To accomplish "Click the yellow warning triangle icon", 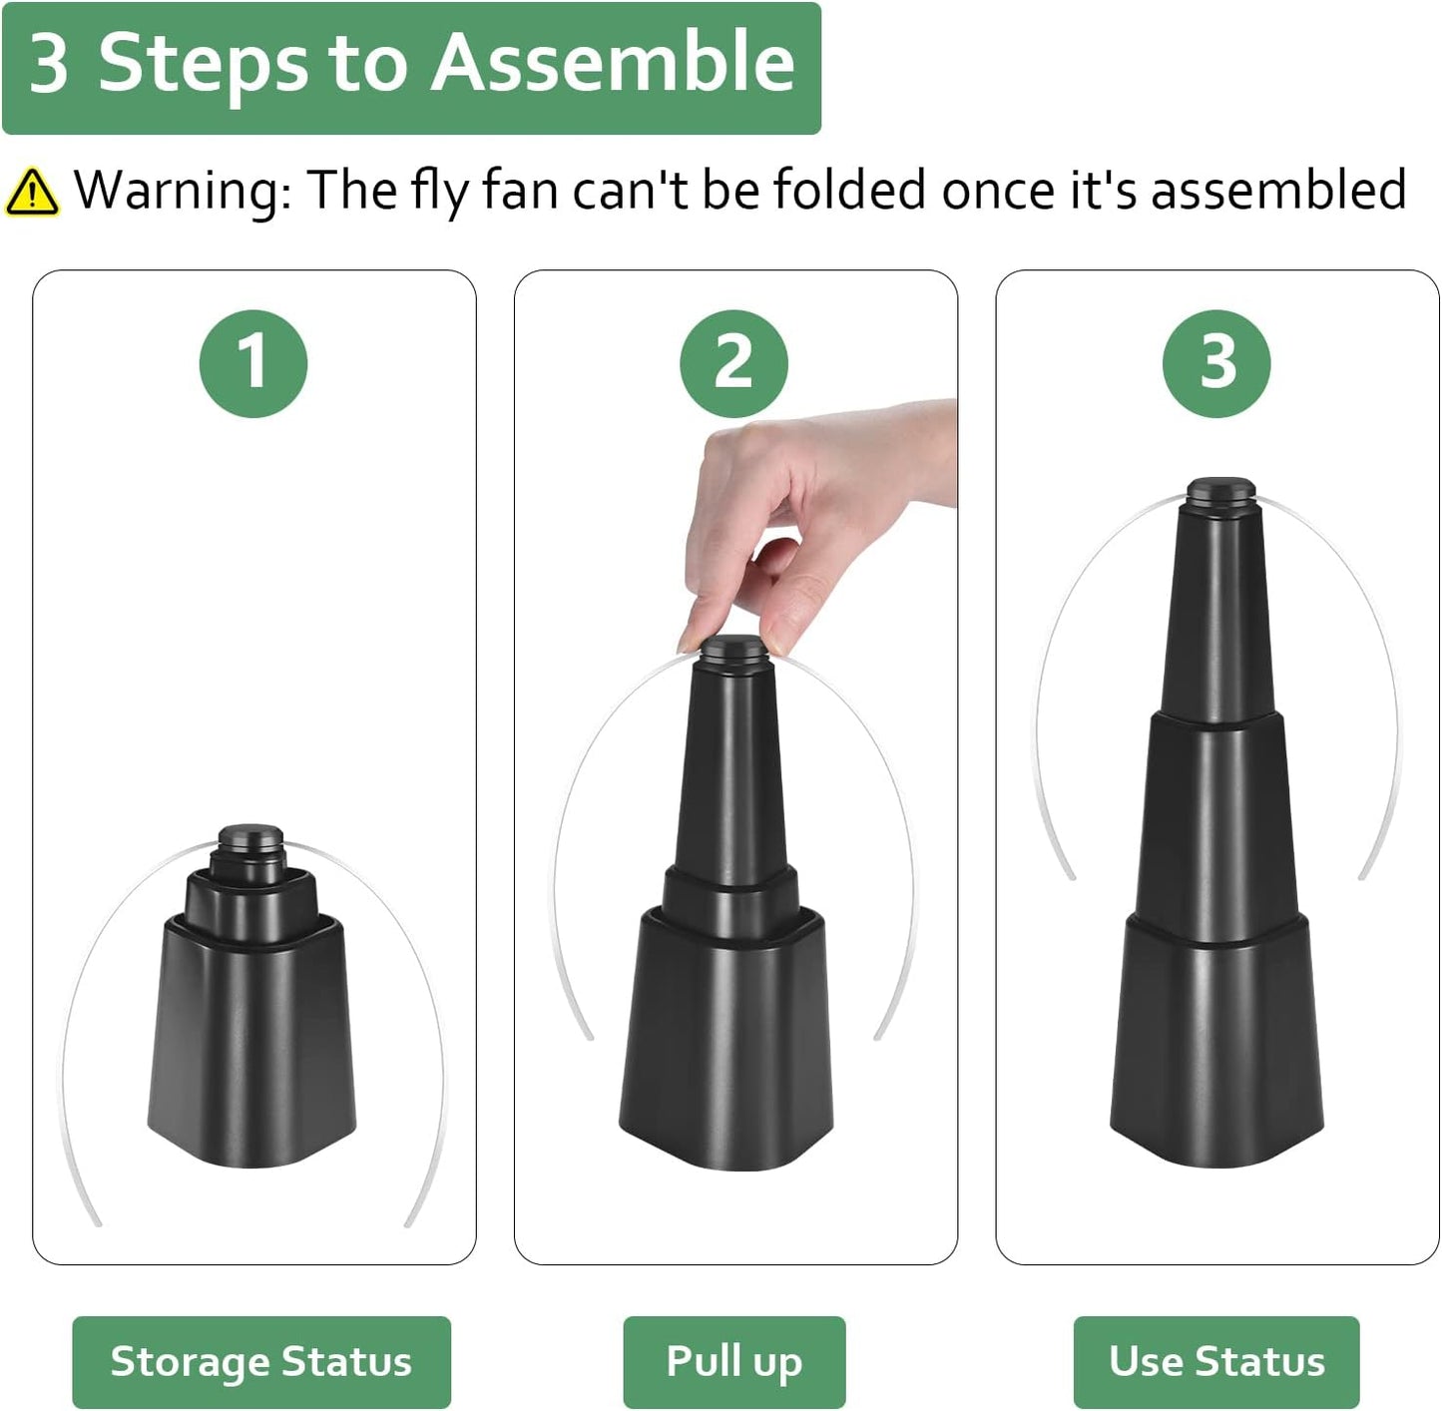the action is [x=32, y=192].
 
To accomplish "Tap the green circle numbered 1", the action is [x=253, y=363].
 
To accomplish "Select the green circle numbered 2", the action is [x=733, y=363].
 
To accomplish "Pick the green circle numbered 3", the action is [x=1216, y=363].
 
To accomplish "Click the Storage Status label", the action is [x=260, y=1361].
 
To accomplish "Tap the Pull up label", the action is [x=733, y=1361].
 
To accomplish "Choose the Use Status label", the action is [x=1216, y=1361].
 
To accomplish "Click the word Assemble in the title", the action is [x=613, y=63].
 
